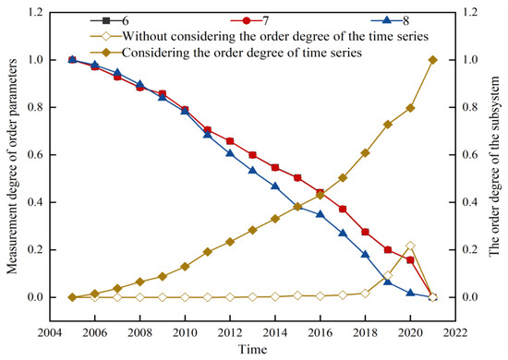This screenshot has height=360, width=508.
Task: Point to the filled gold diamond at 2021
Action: (x=432, y=60)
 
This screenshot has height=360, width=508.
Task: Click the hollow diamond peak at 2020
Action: (x=410, y=246)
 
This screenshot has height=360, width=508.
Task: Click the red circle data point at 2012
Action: (x=229, y=141)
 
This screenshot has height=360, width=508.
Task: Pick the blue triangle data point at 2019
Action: (x=388, y=281)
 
